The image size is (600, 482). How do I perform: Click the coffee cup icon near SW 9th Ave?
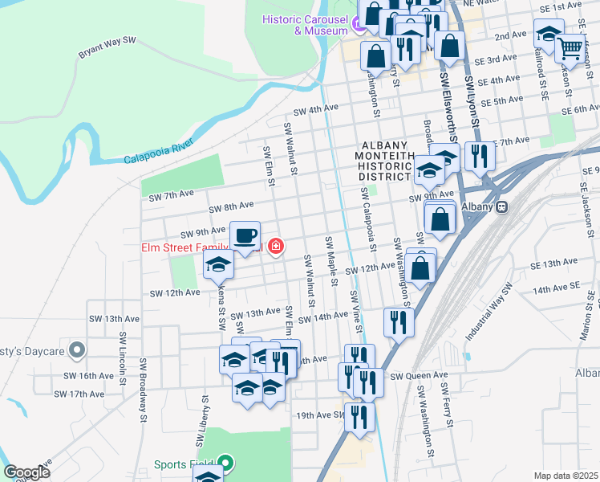click(245, 235)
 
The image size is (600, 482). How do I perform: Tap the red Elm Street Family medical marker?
click(276, 246)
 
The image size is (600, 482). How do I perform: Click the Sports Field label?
click(182, 464)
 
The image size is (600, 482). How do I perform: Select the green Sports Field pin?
click(225, 464)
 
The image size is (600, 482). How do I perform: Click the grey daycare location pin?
click(77, 349)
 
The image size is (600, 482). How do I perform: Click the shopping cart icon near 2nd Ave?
click(570, 49)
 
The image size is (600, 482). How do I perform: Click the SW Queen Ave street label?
click(419, 375)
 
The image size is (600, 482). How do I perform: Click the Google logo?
click(26, 472)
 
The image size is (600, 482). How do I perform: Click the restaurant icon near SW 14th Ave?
click(399, 323)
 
